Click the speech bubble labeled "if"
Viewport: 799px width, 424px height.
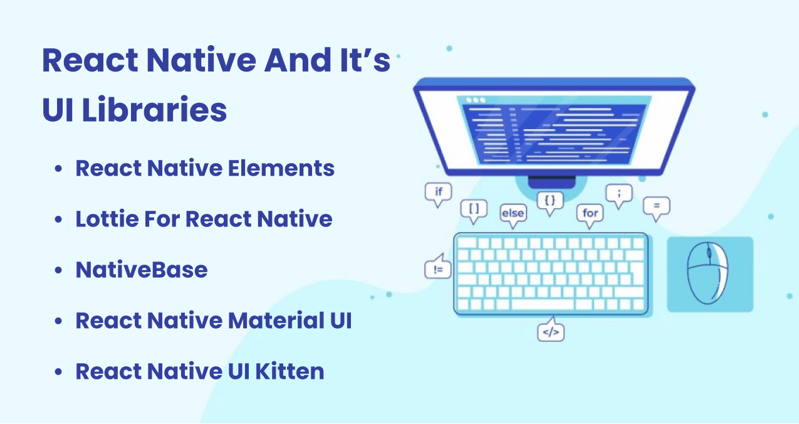coord(438,193)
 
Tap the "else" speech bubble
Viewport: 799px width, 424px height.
coord(512,213)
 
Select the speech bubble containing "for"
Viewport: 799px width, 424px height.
coord(590,213)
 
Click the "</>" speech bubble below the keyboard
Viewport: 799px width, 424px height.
coord(551,332)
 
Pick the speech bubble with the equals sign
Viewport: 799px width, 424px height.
coord(656,206)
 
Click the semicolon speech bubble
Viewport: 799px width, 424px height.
coord(619,194)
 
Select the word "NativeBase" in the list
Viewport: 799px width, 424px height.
coord(141,270)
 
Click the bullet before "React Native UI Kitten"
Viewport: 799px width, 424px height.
coord(58,372)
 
